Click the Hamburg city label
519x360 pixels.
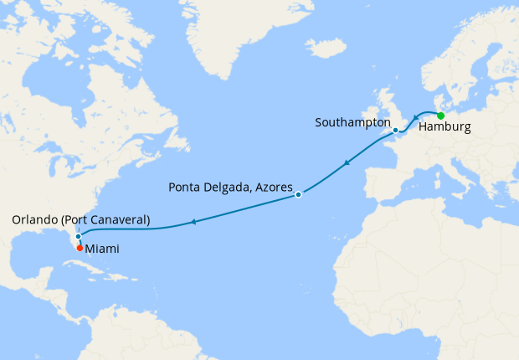[444, 128]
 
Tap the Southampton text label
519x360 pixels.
[352, 122]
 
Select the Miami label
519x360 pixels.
[101, 249]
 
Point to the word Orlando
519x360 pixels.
[36, 220]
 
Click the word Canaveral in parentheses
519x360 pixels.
[117, 220]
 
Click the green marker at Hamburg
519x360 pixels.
[440, 116]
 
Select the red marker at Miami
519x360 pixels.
[80, 248]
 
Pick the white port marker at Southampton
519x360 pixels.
[395, 131]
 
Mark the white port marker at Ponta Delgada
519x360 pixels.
[298, 195]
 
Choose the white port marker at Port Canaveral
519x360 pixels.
[78, 236]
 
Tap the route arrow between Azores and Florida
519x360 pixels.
[193, 222]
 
